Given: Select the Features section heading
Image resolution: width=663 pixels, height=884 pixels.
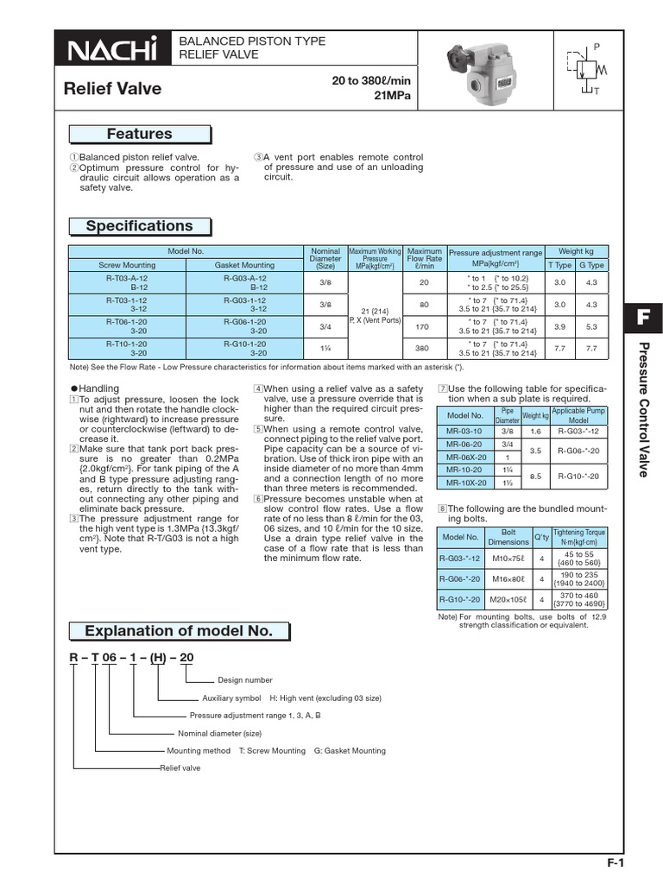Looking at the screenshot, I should [x=139, y=134].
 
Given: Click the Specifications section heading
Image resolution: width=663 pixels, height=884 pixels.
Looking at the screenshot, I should [x=139, y=226].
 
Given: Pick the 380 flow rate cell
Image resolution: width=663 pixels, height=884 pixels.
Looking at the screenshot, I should [x=424, y=348].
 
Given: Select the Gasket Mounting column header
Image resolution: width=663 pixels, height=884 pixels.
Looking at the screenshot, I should [x=244, y=265].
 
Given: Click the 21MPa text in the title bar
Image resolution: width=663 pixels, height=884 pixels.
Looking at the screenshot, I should [x=391, y=95].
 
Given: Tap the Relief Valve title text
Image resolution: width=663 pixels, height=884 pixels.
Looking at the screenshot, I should [x=113, y=89].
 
